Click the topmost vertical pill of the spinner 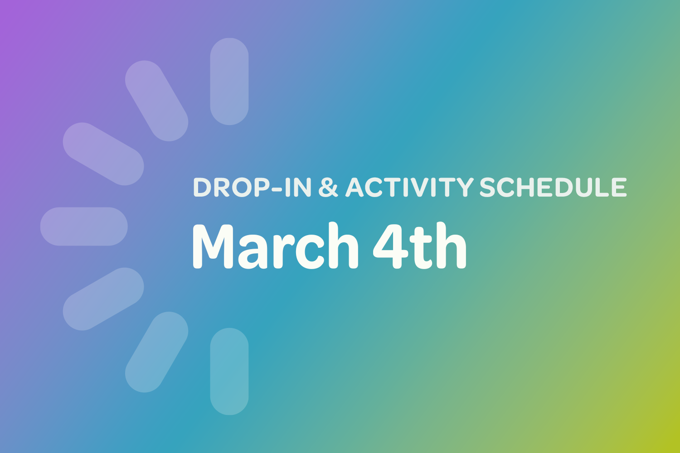click(229, 82)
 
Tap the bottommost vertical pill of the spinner click(229, 371)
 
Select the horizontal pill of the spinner click(84, 226)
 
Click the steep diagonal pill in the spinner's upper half click(156, 101)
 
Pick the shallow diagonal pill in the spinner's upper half click(103, 154)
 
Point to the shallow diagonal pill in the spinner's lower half click(103, 299)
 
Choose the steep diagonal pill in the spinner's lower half click(156, 352)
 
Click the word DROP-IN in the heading click(252, 188)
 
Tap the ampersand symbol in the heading click(328, 188)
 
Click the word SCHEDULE click(553, 188)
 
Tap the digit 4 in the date click(389, 247)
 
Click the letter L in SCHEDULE click(605, 188)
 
